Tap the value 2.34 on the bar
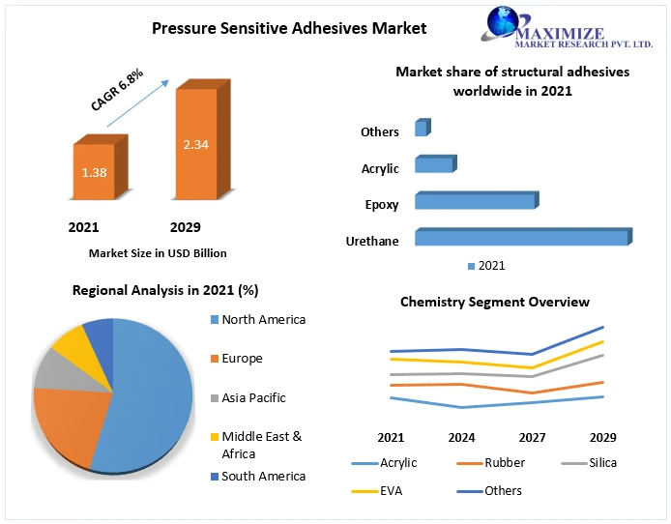coord(196,145)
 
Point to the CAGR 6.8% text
coord(117,90)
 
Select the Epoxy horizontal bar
coord(475,201)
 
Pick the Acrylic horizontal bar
coord(434,165)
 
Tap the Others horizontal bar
coord(421,129)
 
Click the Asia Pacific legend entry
coord(253,397)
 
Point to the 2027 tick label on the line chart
coord(533,437)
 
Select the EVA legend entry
coord(392,491)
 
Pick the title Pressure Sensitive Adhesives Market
coord(289,28)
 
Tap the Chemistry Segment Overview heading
coord(495,303)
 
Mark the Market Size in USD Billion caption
coord(158,253)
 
